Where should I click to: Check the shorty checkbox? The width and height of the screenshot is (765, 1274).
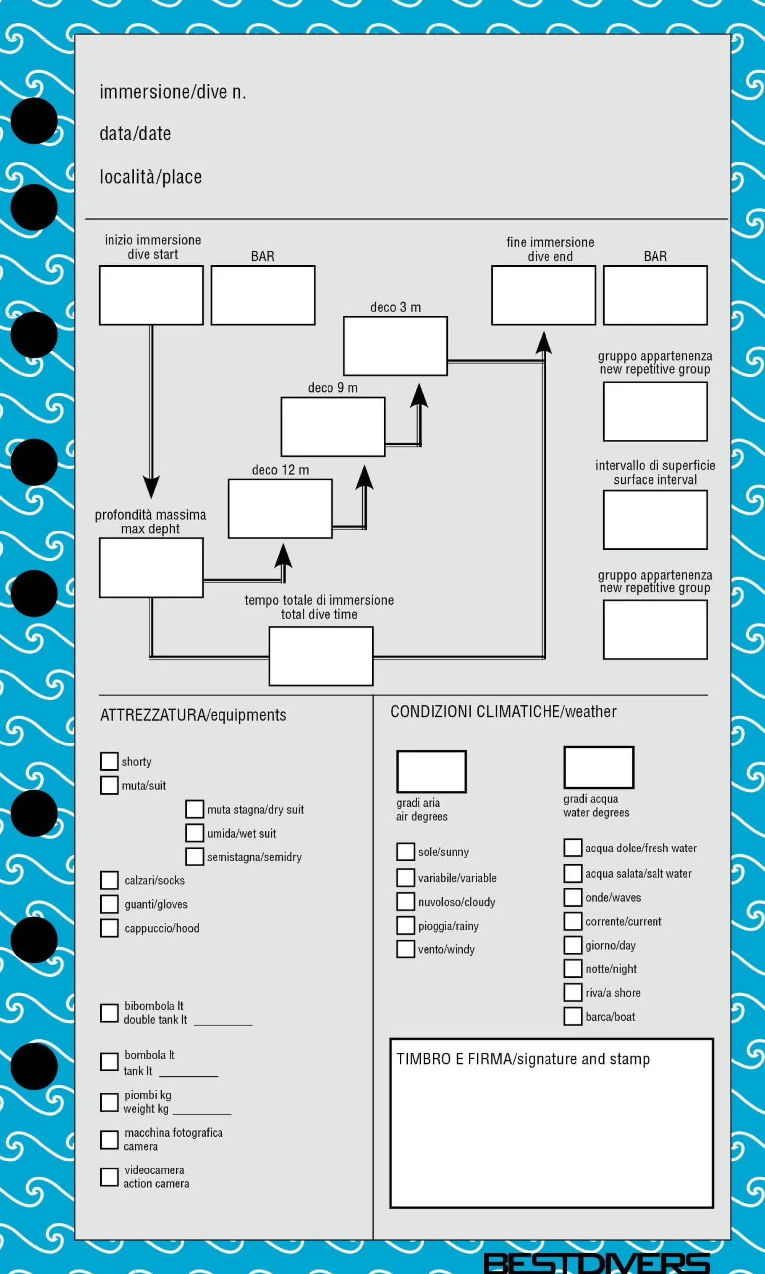click(x=109, y=761)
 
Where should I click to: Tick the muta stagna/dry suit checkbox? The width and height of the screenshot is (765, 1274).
click(x=194, y=809)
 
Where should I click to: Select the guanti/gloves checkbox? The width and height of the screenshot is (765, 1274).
click(x=109, y=904)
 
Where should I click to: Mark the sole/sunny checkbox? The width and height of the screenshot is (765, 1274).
click(x=406, y=851)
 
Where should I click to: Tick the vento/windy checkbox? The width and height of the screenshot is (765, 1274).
click(x=406, y=949)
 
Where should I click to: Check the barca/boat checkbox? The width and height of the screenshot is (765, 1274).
click(x=573, y=1016)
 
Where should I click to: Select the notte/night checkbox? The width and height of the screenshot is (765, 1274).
click(x=573, y=968)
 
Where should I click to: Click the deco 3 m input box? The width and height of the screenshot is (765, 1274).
click(x=395, y=346)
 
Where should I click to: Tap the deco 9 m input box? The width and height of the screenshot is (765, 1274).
click(x=333, y=426)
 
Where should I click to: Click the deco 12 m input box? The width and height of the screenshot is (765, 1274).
click(x=280, y=509)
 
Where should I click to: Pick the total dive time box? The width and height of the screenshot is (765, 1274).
click(x=321, y=656)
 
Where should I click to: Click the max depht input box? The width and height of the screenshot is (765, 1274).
click(x=151, y=568)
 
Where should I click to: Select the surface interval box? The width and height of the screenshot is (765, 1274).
click(x=655, y=520)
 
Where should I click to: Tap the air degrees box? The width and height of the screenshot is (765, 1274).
click(x=432, y=771)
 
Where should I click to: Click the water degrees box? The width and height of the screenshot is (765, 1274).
click(x=599, y=767)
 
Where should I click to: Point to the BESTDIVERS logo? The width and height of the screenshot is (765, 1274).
click(x=596, y=1263)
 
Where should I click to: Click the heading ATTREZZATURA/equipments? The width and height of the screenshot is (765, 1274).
click(x=193, y=715)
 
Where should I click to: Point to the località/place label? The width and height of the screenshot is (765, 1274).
click(x=150, y=177)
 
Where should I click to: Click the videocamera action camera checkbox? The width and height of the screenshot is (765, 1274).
click(x=109, y=1176)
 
